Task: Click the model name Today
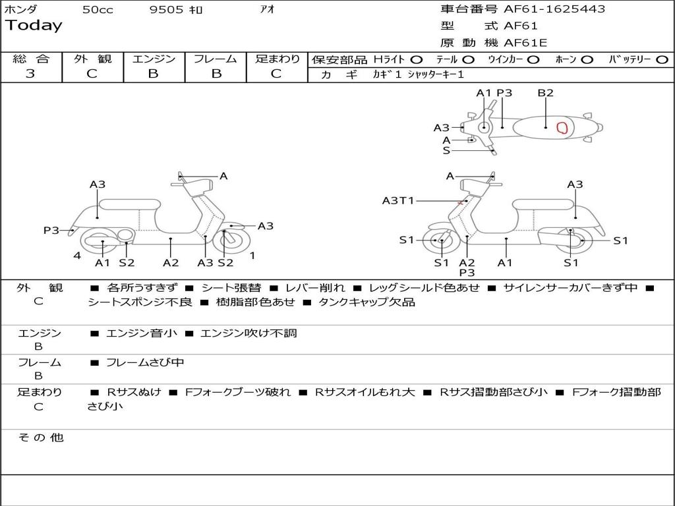coord(34,26)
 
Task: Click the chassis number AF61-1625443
coord(554,9)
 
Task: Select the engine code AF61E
coord(525,43)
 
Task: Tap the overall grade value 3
coord(30,74)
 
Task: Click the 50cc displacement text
coord(98,9)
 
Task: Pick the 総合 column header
coord(31,59)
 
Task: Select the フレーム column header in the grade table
coord(216,59)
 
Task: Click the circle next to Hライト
coord(417,60)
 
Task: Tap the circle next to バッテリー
coord(662,60)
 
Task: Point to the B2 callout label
coord(545,93)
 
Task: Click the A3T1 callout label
coord(397,200)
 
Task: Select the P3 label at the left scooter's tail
coord(51,231)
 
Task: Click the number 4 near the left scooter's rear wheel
coord(77,256)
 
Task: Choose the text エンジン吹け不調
coord(249,333)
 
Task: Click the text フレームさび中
coord(145,363)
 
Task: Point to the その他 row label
coord(41,437)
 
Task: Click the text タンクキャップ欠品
coord(367,302)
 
